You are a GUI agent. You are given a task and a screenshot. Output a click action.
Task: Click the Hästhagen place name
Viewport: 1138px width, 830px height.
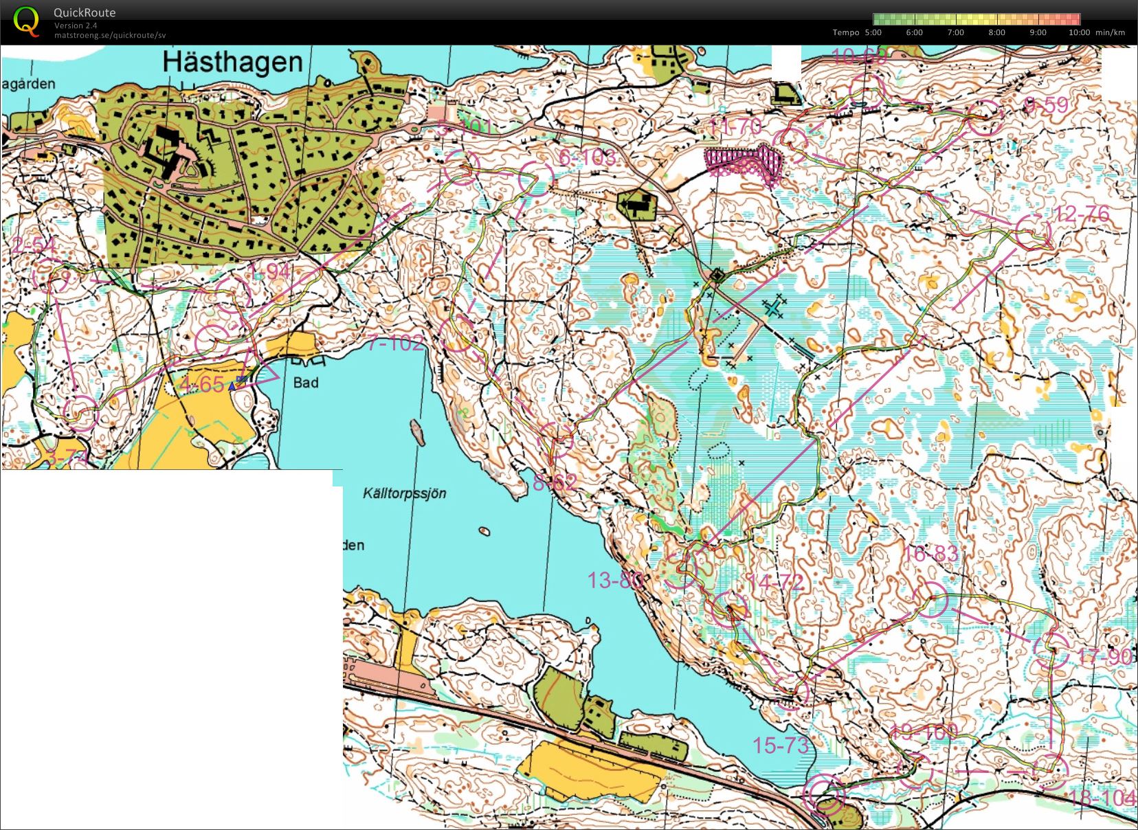click(233, 63)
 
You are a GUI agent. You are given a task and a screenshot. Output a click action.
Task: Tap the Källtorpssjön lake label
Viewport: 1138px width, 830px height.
click(405, 493)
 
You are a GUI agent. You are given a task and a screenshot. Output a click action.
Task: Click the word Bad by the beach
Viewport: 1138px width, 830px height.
click(306, 382)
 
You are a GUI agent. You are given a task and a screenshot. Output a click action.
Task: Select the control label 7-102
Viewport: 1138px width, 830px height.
click(396, 343)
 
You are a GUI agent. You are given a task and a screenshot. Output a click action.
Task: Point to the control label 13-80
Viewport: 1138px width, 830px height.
click(614, 581)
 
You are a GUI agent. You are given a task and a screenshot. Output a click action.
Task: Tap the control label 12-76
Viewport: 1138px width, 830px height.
click(1082, 214)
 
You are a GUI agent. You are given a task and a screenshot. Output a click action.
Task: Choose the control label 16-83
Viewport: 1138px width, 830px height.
click(930, 554)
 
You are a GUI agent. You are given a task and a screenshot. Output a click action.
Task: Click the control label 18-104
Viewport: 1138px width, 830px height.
click(1102, 798)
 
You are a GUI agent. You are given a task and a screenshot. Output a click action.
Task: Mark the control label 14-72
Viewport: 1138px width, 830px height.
click(775, 583)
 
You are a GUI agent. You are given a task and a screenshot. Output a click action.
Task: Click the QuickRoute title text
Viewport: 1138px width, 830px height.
click(85, 12)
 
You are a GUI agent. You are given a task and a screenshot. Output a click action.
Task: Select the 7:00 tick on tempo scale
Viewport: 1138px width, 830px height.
click(955, 32)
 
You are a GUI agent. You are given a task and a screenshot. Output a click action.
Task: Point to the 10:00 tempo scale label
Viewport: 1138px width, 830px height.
click(1079, 32)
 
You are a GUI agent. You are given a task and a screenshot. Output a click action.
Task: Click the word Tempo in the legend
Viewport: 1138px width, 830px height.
click(845, 32)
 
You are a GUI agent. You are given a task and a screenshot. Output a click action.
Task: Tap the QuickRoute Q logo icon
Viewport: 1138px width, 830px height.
click(25, 20)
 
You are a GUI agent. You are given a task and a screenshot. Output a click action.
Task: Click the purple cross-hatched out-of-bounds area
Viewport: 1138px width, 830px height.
click(745, 163)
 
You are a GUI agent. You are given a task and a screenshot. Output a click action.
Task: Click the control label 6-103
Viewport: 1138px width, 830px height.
click(587, 158)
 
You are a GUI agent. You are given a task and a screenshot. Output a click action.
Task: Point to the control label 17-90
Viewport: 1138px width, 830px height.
click(1104, 656)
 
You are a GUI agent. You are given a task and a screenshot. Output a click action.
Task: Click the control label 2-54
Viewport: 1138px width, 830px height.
click(34, 245)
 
